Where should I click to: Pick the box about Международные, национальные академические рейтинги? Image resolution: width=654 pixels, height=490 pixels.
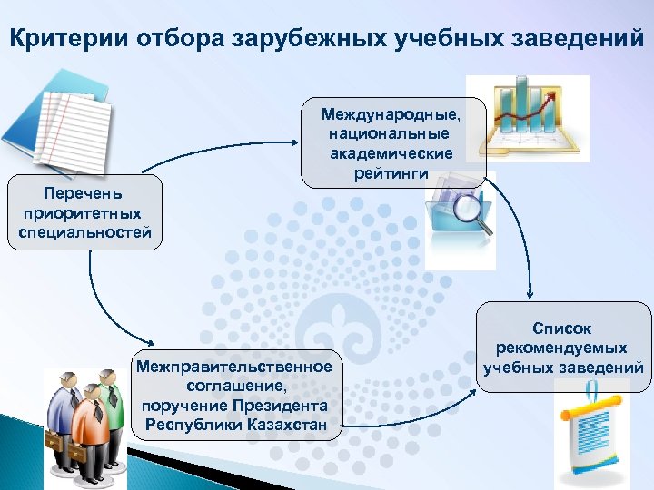[x=391, y=143]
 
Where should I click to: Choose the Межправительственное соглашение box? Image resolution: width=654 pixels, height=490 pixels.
[x=233, y=396]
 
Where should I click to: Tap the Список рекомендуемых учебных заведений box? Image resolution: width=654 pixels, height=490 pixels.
[x=563, y=348]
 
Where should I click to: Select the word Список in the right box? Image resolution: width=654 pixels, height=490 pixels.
[x=563, y=327]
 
